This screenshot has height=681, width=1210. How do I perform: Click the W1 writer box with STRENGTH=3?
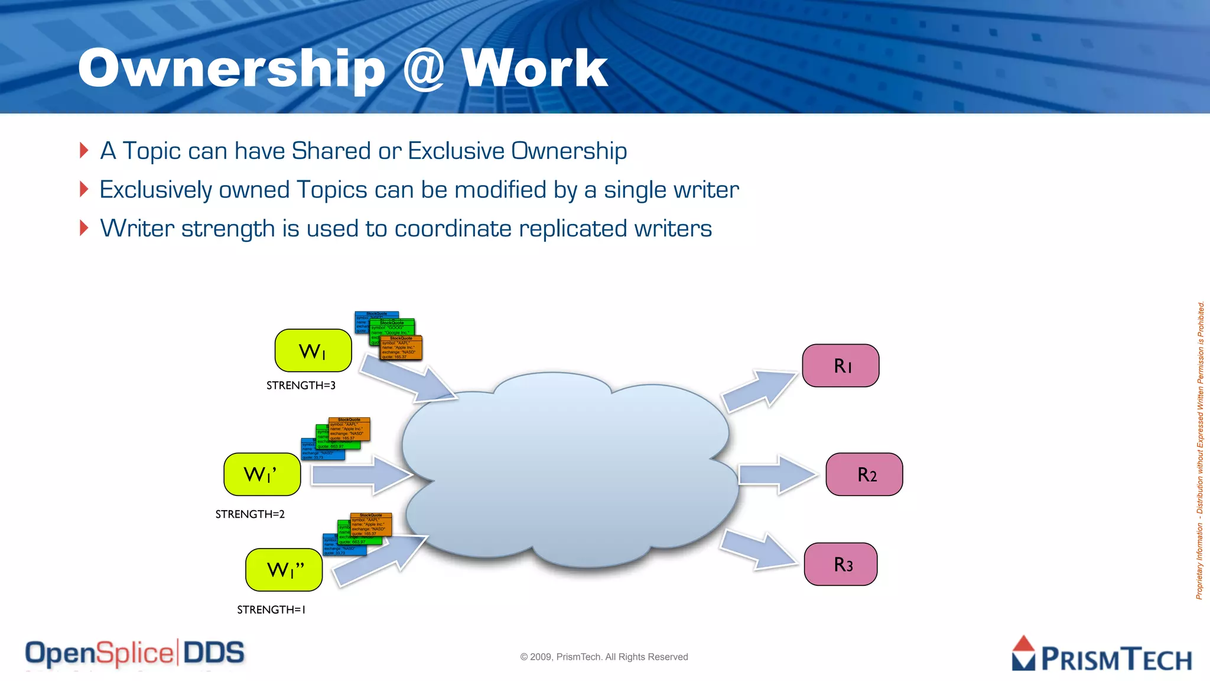point(313,351)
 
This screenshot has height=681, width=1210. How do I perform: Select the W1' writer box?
point(262,474)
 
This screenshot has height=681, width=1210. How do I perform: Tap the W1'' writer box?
point(284,570)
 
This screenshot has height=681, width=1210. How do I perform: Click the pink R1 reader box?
point(841,365)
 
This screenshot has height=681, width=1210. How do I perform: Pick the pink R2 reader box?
point(864,474)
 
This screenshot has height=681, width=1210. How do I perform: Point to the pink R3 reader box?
point(841,564)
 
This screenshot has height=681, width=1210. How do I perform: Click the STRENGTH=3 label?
point(301,385)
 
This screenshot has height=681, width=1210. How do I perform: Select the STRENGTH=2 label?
point(250,514)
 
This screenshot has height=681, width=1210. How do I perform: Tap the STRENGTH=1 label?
point(271,609)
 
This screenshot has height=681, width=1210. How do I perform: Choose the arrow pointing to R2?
point(777,474)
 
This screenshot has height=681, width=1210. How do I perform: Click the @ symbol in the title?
point(423,70)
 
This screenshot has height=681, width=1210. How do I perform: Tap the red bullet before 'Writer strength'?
point(84,228)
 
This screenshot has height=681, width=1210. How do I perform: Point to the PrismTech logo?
point(1101,654)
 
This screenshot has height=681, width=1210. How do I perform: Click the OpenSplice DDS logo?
point(135,653)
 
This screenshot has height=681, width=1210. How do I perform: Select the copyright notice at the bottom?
point(604,657)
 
